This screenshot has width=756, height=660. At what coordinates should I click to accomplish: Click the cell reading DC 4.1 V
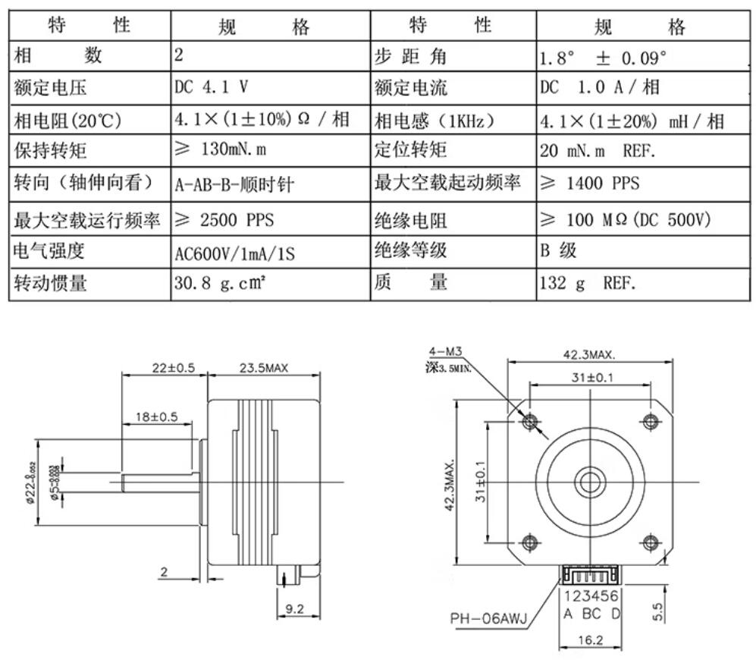coord(212,86)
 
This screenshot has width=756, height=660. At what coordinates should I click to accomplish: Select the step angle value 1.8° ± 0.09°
coord(604,57)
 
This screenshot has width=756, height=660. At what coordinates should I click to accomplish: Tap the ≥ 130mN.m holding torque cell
coord(221,149)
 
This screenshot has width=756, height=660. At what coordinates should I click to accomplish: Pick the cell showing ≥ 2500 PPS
coord(224,220)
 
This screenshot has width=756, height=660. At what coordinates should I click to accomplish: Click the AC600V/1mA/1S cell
coord(235,253)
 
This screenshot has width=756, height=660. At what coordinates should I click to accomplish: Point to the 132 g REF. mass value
coord(588,284)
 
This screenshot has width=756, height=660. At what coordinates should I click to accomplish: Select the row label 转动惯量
coord(51,284)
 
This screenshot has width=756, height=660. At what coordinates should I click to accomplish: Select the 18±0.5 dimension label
coord(157,416)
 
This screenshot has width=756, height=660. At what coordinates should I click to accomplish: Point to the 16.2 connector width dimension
coord(589,640)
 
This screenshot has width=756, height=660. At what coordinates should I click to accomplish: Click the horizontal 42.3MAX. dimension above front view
coord(589,354)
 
